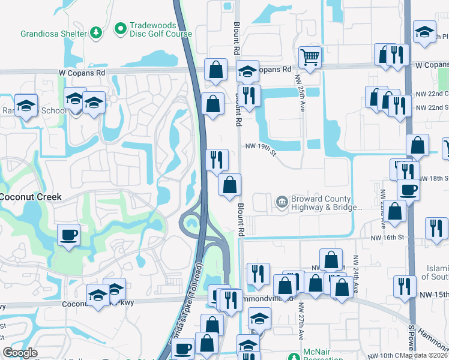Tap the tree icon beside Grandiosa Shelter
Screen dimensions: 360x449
pyautogui.click(x=95, y=34)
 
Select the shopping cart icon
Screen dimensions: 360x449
pyautogui.click(x=310, y=58)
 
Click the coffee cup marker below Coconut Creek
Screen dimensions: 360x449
pyautogui.click(x=68, y=234)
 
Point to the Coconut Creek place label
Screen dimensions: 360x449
pyautogui.click(x=31, y=197)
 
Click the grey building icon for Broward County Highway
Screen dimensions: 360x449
pyautogui.click(x=281, y=203)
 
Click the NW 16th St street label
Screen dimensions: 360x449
pyautogui.click(x=373, y=238)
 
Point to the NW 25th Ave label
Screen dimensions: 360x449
pyautogui.click(x=299, y=88)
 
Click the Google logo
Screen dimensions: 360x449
pyautogui.click(x=20, y=353)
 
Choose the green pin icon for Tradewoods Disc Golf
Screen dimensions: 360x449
pyautogui.click(x=119, y=28)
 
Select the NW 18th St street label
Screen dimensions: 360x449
pyautogui.click(x=434, y=179)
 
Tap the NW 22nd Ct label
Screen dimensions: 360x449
pyautogui.click(x=432, y=94)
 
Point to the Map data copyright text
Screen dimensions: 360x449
pyautogui.click(x=424, y=355)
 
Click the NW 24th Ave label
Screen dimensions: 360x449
pyautogui.click(x=355, y=275)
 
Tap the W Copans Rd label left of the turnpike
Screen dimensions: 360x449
pyautogui.click(x=82, y=73)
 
